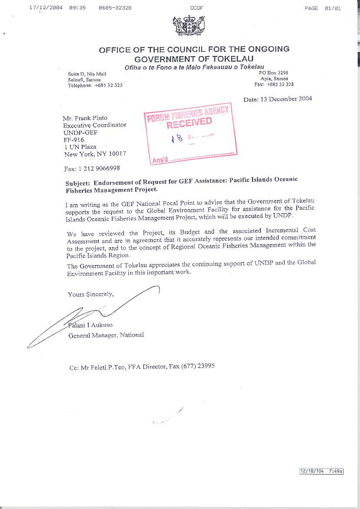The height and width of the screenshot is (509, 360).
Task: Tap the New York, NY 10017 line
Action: pos(95,154)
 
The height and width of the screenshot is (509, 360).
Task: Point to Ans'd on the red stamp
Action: pos(160,160)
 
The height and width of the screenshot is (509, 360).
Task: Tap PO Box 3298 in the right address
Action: pos(272,73)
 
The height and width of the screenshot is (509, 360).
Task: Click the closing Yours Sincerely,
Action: pos(91,294)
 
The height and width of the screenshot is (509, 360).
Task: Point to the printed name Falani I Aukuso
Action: pos(90,325)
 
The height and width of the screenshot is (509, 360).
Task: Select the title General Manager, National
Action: pos(106,335)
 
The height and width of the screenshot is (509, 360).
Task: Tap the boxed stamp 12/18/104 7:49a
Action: pos(322,471)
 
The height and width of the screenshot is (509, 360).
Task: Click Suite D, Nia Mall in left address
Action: pos(87,74)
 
